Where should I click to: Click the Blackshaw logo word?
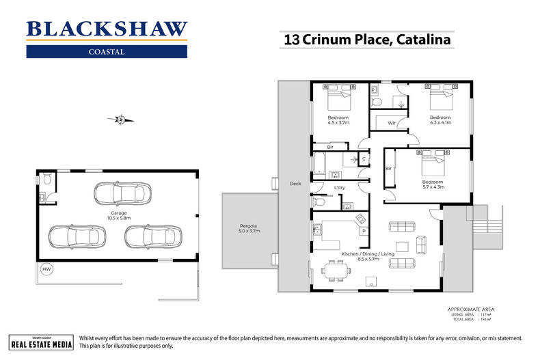106,29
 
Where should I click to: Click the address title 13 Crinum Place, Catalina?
366,40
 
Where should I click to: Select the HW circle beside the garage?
46,269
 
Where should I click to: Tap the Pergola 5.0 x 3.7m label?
249,227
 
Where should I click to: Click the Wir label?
392,124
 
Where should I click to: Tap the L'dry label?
338,188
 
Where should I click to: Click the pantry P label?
363,232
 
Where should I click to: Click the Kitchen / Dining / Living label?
368,255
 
